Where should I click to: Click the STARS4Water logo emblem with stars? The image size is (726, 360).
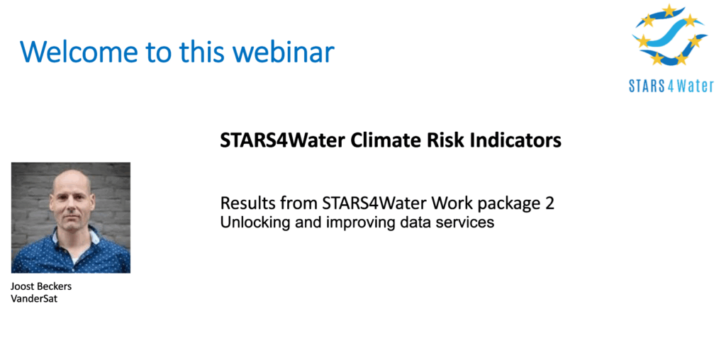[670, 35]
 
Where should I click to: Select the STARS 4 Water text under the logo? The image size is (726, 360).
[671, 86]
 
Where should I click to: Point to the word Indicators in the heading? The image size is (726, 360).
[515, 140]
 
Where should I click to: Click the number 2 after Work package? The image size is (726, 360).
[549, 203]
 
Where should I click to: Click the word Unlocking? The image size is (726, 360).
[252, 223]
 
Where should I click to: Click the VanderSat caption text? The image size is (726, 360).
[34, 299]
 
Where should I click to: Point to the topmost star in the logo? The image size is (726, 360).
[669, 10]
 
